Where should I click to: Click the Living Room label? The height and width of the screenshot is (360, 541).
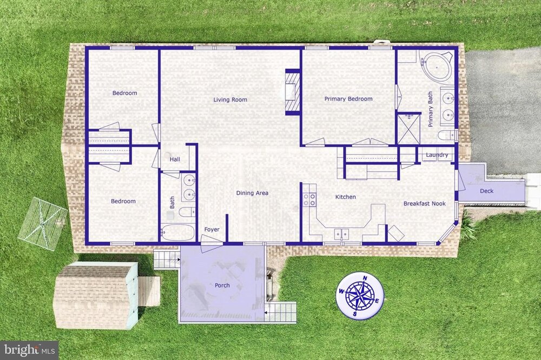click(x=230, y=99)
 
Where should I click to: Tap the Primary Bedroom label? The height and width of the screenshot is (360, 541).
click(x=348, y=99)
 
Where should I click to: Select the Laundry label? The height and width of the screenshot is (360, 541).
click(x=437, y=155)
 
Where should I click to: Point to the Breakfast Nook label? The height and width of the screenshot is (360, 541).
click(x=424, y=203)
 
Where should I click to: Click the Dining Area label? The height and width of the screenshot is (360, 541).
click(x=252, y=193)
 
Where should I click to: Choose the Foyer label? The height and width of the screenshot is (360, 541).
click(x=212, y=229)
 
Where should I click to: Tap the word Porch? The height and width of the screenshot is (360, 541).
click(x=222, y=285)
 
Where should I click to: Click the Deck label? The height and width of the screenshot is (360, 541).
click(x=486, y=191)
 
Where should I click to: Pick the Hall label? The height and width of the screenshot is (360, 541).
click(x=175, y=159)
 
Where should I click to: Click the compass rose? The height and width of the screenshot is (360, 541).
click(x=360, y=296)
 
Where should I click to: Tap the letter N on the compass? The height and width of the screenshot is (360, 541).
click(x=365, y=278)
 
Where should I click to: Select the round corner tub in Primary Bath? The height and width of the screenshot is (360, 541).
click(x=436, y=65)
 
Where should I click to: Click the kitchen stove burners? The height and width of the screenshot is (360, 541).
click(x=309, y=199)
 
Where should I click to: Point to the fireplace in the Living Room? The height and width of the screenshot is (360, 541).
click(x=293, y=92)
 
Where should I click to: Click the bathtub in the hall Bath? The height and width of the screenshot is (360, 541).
click(x=178, y=232)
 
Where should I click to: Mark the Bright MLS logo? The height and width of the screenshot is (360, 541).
click(x=29, y=350)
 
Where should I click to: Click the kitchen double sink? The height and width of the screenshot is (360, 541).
click(x=341, y=234)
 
